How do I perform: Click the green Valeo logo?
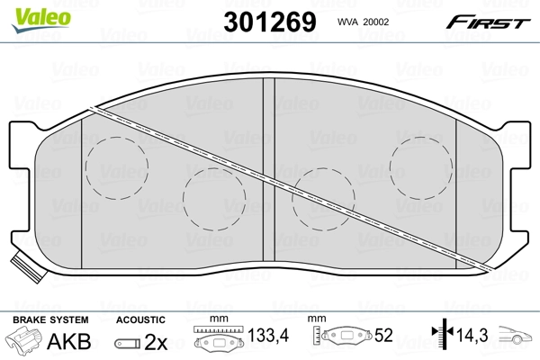coord(41,20)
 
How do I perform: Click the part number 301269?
coord(270,22)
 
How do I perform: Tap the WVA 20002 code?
coord(363,22)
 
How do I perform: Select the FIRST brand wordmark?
coord(488,22)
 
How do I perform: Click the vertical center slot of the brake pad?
coord(269,169)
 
